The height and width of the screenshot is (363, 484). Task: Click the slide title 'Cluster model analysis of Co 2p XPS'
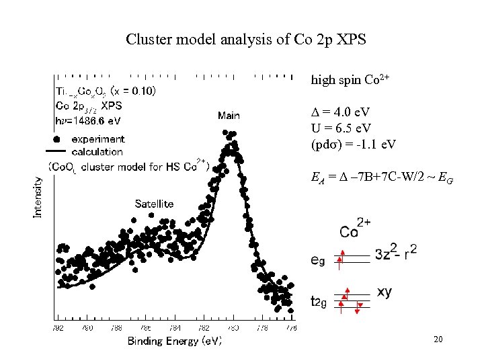coord(246,40)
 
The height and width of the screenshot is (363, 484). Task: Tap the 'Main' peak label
coord(229,116)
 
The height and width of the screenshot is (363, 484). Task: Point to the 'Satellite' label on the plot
coord(154,204)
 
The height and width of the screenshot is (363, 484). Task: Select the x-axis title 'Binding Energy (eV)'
coord(175,341)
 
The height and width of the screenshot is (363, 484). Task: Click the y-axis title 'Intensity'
coord(38,196)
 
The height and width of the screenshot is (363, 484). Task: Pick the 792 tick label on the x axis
coord(58,328)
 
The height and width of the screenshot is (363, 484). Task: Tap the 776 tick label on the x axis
coord(291,328)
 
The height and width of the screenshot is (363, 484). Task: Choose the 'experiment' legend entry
coord(97,139)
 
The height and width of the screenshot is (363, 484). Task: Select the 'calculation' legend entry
coord(97,151)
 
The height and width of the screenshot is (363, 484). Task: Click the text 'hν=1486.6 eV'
coord(87,120)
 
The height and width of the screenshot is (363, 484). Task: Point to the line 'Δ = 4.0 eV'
coord(339,112)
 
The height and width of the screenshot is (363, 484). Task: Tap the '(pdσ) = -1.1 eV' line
coord(353,144)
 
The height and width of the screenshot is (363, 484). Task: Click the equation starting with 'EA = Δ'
coord(372,178)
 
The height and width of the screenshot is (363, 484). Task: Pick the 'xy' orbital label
coord(385,292)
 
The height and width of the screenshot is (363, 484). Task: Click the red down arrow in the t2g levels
coord(358,308)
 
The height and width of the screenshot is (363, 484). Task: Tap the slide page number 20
coord(438,340)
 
